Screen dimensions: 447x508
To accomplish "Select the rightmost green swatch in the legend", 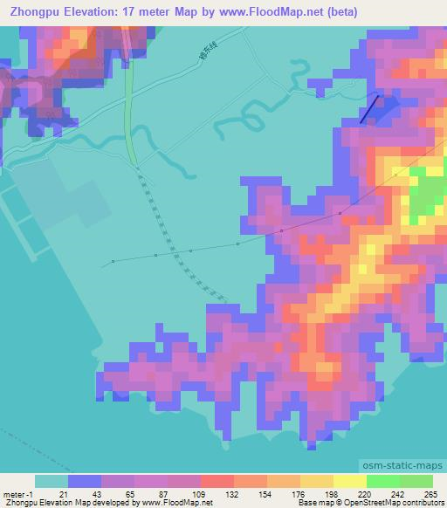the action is pyautogui.click(x=416, y=481).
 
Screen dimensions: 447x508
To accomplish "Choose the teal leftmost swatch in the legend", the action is pyautogui.click(x=52, y=481).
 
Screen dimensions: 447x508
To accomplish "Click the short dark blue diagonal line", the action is pyautogui.click(x=370, y=109).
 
